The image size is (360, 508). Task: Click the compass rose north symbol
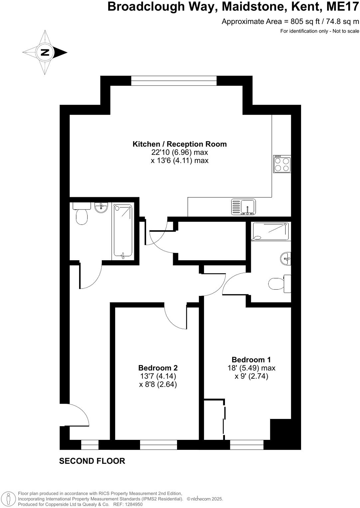tap(45, 52)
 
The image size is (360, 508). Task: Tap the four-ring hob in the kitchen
tap(282, 164)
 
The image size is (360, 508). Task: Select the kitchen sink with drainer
tap(244, 206)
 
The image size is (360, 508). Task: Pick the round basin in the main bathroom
tap(101, 207)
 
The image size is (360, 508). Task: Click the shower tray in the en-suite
tap(270, 231)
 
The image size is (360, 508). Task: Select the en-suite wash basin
tap(286, 258)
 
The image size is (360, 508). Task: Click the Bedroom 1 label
tap(251, 359)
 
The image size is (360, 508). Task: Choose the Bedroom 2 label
tap(158, 368)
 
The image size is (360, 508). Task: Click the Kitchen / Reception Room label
tap(180, 144)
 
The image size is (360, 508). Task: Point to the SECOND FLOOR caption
tap(92, 461)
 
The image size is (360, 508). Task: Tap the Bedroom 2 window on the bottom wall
tap(158, 445)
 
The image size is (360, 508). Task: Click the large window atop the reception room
tap(174, 81)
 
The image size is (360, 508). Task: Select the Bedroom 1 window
tap(247, 445)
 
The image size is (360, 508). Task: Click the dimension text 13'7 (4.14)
tap(158, 376)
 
